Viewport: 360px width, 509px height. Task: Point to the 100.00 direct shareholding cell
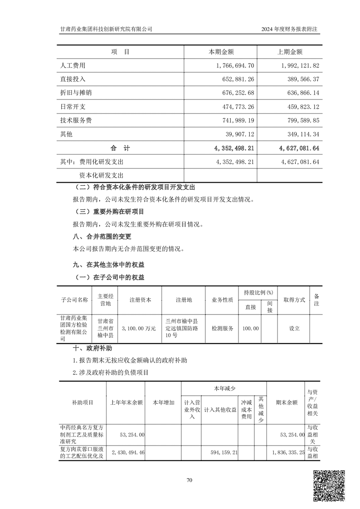(251, 328)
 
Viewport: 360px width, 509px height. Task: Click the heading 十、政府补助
(92, 349)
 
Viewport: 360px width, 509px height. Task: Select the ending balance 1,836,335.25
(288, 452)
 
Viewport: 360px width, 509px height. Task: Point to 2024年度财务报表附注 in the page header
(291, 29)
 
